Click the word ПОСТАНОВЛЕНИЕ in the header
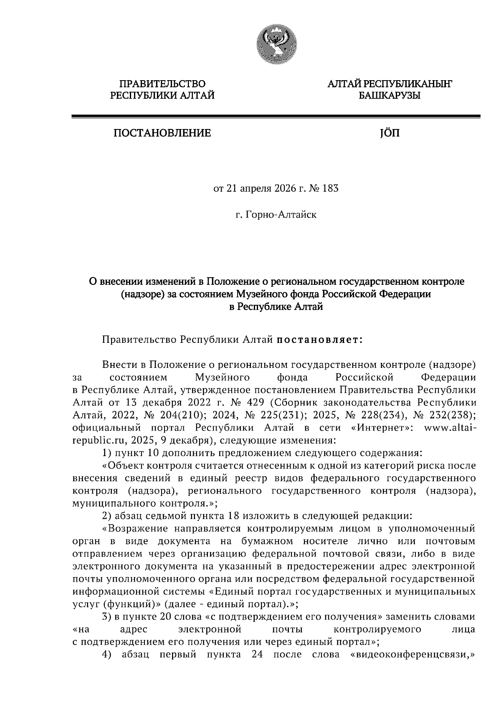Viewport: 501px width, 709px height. (x=162, y=134)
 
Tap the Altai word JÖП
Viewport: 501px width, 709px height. (x=389, y=134)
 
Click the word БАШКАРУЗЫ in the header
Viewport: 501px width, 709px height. (x=389, y=96)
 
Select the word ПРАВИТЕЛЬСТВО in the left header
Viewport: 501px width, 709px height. (x=162, y=84)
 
